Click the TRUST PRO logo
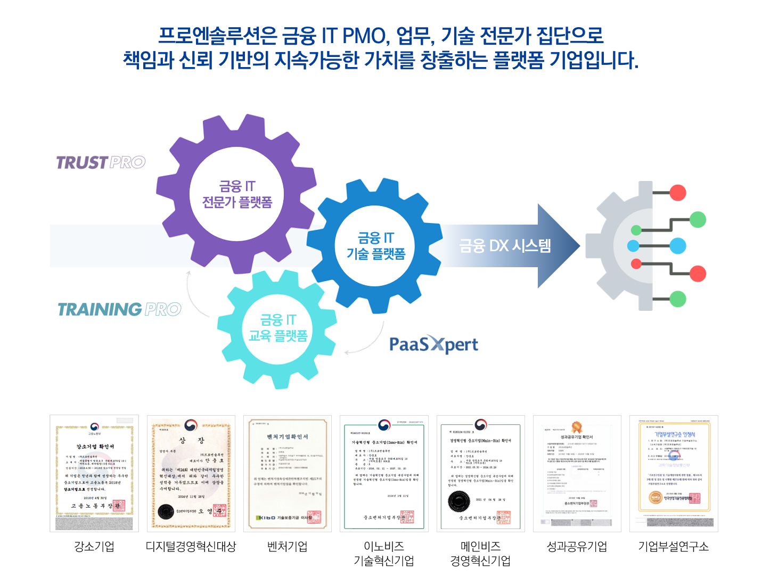101,162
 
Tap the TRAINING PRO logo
119,309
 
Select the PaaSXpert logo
433,345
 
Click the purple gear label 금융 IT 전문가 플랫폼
237,194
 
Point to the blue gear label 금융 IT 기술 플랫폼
376,246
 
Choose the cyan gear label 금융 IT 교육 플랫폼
278,328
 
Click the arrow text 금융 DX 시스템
505,246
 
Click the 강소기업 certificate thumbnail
94,473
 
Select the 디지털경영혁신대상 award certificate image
191,473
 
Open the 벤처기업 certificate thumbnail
288,473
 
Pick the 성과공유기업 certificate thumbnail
577,473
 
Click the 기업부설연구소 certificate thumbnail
674,473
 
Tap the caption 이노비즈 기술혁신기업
384,554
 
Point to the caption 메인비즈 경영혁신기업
480,554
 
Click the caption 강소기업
94,547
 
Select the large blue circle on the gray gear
677,246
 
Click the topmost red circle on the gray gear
677,192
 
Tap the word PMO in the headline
363,36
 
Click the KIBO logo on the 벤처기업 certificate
266,517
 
